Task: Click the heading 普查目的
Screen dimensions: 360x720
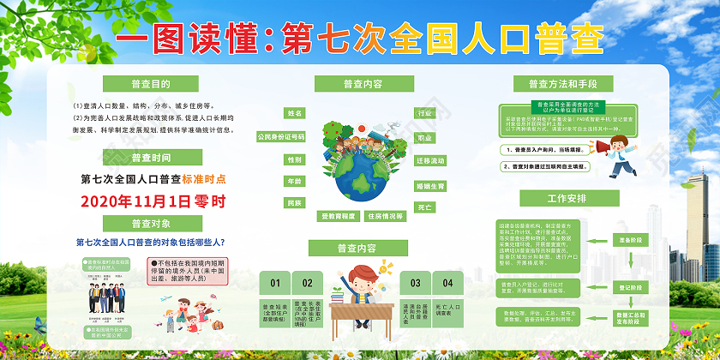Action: tap(144, 83)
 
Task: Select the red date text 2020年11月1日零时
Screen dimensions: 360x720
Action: tap(153, 202)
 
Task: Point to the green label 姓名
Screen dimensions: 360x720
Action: tap(296, 113)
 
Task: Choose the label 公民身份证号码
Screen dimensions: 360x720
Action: tap(280, 136)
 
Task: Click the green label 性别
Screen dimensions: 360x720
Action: tap(295, 159)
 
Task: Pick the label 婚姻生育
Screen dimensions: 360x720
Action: tap(429, 185)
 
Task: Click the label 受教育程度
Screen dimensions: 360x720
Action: tap(337, 217)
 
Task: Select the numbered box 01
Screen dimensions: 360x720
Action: tap(275, 282)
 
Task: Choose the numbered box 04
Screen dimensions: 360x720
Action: tap(447, 282)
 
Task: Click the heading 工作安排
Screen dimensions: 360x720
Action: tap(567, 198)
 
